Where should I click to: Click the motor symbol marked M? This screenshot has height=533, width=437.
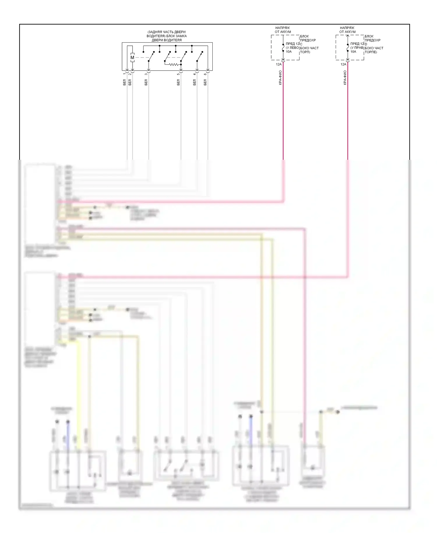pos(132,57)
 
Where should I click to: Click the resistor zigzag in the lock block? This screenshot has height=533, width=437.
pos(174,64)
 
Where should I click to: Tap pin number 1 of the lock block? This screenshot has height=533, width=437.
pos(124,74)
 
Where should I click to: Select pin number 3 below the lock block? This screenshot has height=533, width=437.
pos(146,74)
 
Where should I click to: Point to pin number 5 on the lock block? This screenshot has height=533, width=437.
pos(178,74)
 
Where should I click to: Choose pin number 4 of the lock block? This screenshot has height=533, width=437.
pos(194,74)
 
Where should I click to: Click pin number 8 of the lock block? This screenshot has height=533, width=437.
pos(205,74)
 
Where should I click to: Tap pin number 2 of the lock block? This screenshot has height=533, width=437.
pos(130,74)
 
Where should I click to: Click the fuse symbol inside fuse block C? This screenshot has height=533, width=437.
pos(283,48)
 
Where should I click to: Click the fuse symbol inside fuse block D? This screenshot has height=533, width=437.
pos(348,48)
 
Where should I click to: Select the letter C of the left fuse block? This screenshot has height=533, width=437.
pos(301,44)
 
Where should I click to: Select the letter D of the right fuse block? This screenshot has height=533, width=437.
pos(366,44)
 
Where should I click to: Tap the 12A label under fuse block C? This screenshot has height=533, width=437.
pos(279,64)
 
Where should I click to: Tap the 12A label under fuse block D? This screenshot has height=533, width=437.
pos(343,64)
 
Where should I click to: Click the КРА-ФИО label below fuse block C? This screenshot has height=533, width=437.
pos(280,78)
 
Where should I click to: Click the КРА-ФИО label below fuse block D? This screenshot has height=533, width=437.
pos(345,78)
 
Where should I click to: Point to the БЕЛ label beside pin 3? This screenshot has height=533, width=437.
pos(146,82)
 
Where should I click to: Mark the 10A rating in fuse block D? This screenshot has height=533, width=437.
pos(353,52)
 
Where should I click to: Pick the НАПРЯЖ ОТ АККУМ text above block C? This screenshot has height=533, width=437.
pos(283,30)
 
